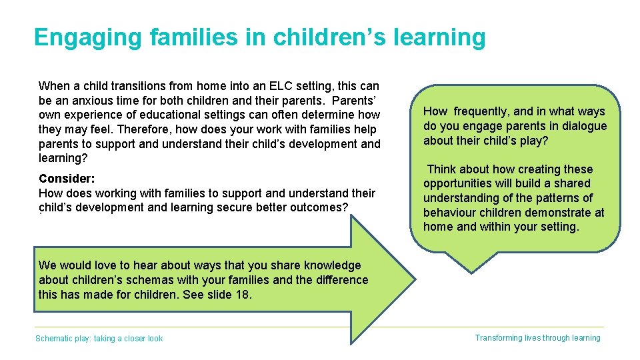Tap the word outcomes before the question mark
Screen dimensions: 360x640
tap(316, 207)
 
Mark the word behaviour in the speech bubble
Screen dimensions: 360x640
tap(449, 213)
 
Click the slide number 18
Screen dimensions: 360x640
tap(243, 295)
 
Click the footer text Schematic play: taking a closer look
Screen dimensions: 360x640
tap(99, 339)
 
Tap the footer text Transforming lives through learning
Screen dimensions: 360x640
tap(537, 338)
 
